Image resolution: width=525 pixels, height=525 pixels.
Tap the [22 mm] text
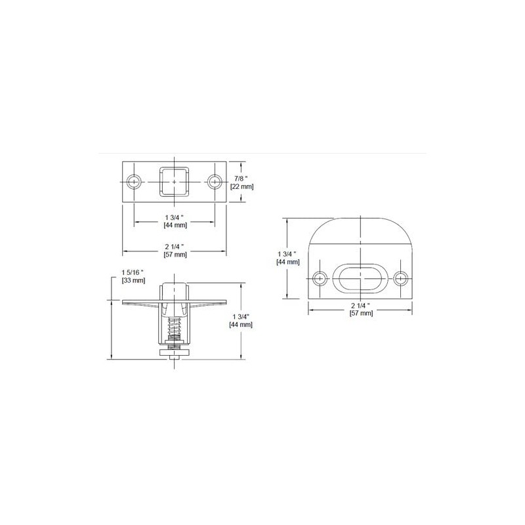click(x=243, y=186)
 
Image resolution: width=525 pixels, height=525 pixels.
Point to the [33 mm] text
click(x=133, y=280)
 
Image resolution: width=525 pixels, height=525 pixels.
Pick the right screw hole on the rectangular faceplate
click(x=214, y=181)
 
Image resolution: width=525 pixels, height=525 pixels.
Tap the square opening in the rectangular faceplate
click(x=175, y=181)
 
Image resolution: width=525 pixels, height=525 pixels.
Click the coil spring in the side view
click(x=175, y=326)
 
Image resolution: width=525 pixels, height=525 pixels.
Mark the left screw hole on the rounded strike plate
click(x=320, y=278)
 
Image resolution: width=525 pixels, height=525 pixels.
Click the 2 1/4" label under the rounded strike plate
click(x=362, y=305)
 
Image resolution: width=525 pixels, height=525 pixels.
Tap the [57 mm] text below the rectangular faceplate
click(x=175, y=254)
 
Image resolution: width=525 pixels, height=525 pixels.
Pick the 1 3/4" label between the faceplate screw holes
click(x=175, y=217)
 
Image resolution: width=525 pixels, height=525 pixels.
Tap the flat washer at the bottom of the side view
click(x=175, y=355)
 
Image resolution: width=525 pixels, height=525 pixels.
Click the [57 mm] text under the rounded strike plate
click(x=362, y=314)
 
